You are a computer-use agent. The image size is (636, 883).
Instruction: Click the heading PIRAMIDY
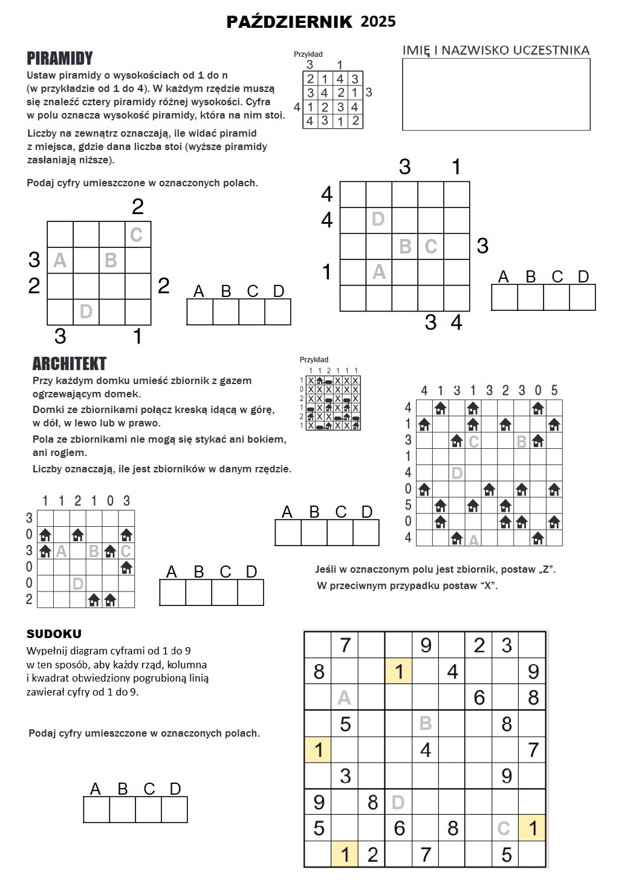[x=59, y=59]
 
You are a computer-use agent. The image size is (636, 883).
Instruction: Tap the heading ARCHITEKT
[x=69, y=363]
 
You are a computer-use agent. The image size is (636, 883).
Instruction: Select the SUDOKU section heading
[x=54, y=634]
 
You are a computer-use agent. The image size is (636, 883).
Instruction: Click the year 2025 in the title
[x=378, y=22]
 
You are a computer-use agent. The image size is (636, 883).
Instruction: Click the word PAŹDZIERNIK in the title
[x=289, y=22]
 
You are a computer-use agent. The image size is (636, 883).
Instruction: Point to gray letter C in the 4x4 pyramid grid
[x=136, y=235]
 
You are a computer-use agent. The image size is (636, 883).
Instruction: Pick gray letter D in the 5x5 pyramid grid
[x=378, y=219]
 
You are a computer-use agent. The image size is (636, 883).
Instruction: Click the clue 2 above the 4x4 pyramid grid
[x=137, y=207]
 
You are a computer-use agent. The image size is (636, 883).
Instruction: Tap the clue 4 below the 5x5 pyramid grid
[x=456, y=322]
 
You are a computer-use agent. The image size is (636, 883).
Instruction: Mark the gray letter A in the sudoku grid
[x=344, y=698]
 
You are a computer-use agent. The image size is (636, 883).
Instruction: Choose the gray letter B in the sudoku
[x=425, y=723]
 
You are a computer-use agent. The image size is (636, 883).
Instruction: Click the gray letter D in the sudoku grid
[x=398, y=803]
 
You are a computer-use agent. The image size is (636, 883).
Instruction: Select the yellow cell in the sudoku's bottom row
[x=345, y=855]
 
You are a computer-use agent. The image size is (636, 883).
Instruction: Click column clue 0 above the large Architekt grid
[x=538, y=390]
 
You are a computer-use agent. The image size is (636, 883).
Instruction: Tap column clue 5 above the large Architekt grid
[x=554, y=390]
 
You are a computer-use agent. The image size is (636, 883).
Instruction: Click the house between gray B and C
[x=109, y=551]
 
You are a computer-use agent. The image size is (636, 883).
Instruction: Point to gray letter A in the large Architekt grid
[x=474, y=540]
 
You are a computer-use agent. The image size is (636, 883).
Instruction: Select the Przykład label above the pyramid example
[x=308, y=54]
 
